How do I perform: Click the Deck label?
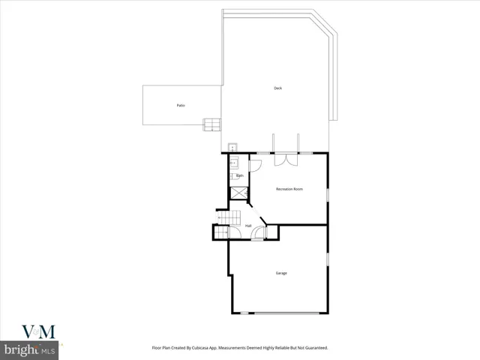point(277,88)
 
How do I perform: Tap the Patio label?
point(181,106)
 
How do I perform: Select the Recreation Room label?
point(289,189)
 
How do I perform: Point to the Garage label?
point(280,273)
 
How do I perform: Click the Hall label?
point(247,226)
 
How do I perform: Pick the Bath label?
point(239,175)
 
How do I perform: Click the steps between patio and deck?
point(212,124)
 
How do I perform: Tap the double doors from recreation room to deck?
point(286,158)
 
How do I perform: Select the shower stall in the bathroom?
point(238,193)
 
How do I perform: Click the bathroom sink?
point(233,161)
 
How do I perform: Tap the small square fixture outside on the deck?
point(232,148)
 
